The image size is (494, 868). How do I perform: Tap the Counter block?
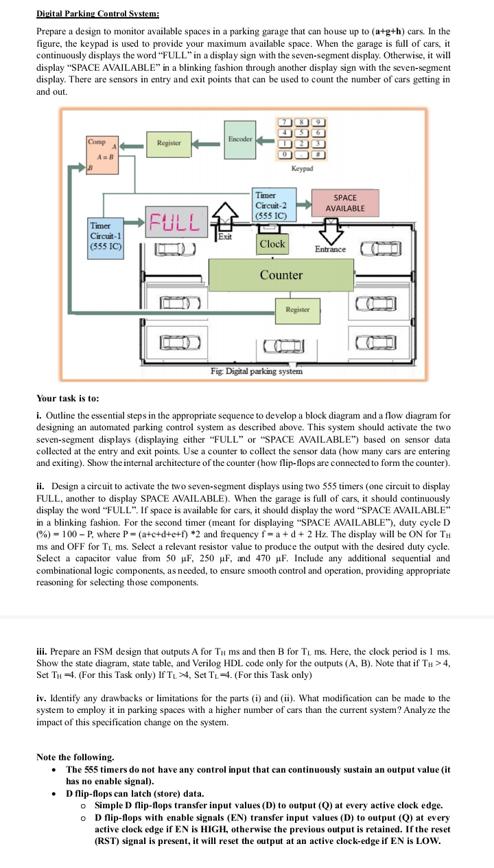point(281,275)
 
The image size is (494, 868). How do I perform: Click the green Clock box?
point(272,244)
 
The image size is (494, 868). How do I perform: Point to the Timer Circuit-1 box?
point(106,237)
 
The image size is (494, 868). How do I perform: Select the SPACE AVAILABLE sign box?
point(345,202)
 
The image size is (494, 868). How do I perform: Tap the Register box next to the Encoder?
point(169,143)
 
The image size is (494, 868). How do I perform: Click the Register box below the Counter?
point(298,309)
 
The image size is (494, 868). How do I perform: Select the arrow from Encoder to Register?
point(206,143)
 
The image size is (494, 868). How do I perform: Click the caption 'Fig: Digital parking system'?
point(256,371)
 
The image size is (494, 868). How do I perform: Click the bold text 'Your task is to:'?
point(68,398)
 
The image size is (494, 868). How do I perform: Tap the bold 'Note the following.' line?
point(75,757)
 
